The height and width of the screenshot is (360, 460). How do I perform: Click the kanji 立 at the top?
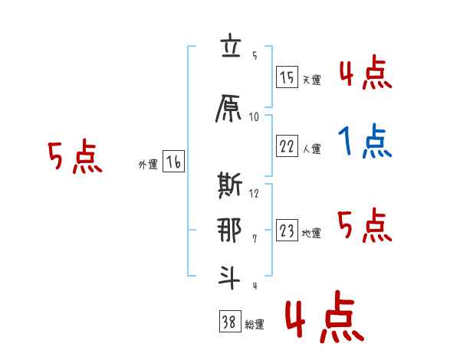[231, 45]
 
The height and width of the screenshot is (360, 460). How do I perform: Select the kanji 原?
[228, 108]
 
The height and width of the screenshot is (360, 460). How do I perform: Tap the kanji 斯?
[230, 185]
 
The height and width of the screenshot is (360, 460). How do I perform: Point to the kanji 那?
[229, 231]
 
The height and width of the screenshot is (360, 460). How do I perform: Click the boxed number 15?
[287, 77]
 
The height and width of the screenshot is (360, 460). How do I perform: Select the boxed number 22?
[287, 146]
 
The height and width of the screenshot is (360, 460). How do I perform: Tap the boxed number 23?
[287, 230]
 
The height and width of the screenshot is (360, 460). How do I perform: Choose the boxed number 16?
[173, 161]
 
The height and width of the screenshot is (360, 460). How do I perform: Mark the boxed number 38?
[230, 321]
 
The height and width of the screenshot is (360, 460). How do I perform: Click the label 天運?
[311, 80]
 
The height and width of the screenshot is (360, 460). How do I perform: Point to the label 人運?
[311, 149]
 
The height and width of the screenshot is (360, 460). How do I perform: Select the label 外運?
[148, 165]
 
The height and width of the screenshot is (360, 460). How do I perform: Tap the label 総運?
[255, 325]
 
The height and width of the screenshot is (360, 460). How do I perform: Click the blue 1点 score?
[365, 141]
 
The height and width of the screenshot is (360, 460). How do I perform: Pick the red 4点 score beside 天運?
[366, 72]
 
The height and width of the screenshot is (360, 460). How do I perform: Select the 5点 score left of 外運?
[75, 156]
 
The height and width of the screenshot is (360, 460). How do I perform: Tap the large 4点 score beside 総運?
[324, 317]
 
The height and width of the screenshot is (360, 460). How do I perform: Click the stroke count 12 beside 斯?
[254, 193]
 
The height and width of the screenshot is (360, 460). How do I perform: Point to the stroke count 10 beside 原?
[254, 117]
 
